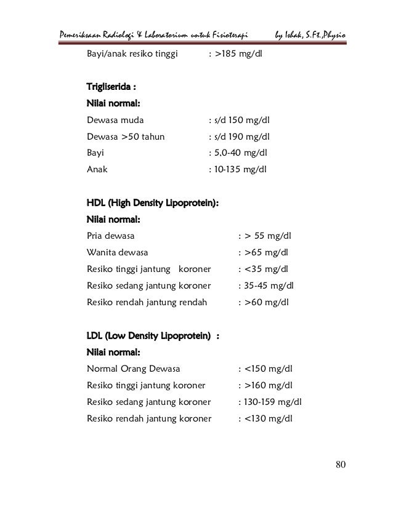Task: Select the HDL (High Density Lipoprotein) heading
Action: (x=153, y=202)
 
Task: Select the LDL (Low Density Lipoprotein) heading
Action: (x=148, y=336)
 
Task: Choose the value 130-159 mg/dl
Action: (x=274, y=402)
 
